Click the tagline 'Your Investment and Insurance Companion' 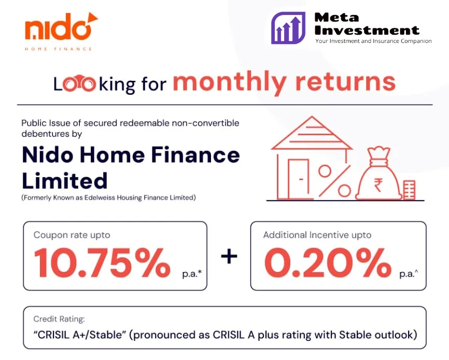[373, 41]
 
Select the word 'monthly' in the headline [229, 82]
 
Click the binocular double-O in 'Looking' [79, 84]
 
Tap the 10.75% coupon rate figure [103, 263]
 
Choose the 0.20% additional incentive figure [327, 263]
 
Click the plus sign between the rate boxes [229, 256]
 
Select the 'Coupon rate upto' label [72, 235]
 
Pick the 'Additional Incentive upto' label [317, 235]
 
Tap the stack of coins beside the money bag [409, 190]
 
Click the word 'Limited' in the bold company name [64, 180]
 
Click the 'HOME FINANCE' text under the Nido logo [58, 49]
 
